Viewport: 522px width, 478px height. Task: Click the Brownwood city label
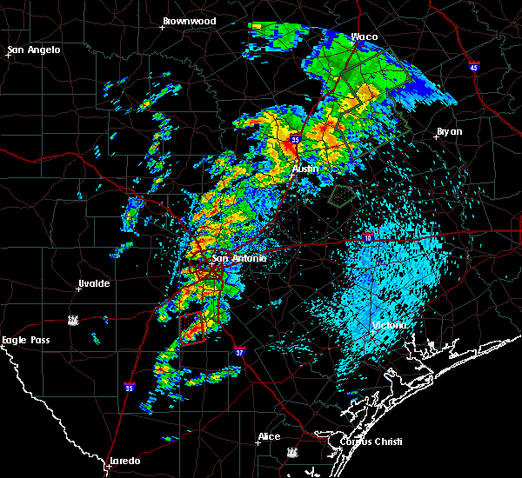pyautogui.click(x=189, y=21)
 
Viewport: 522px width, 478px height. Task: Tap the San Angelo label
pyautogui.click(x=35, y=50)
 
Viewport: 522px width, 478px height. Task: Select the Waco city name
pyautogui.click(x=364, y=37)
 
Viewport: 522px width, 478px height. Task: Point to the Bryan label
pyautogui.click(x=449, y=132)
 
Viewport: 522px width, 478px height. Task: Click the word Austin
pyautogui.click(x=305, y=169)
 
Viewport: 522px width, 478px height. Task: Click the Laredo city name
pyautogui.click(x=124, y=461)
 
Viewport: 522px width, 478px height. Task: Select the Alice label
pyautogui.click(x=269, y=436)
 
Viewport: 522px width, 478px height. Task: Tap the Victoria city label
pyautogui.click(x=389, y=326)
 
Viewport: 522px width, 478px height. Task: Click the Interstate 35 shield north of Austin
pyautogui.click(x=296, y=138)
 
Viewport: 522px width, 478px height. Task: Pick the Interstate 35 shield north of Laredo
pyautogui.click(x=130, y=388)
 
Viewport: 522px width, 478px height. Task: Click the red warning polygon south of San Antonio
pyautogui.click(x=191, y=327)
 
